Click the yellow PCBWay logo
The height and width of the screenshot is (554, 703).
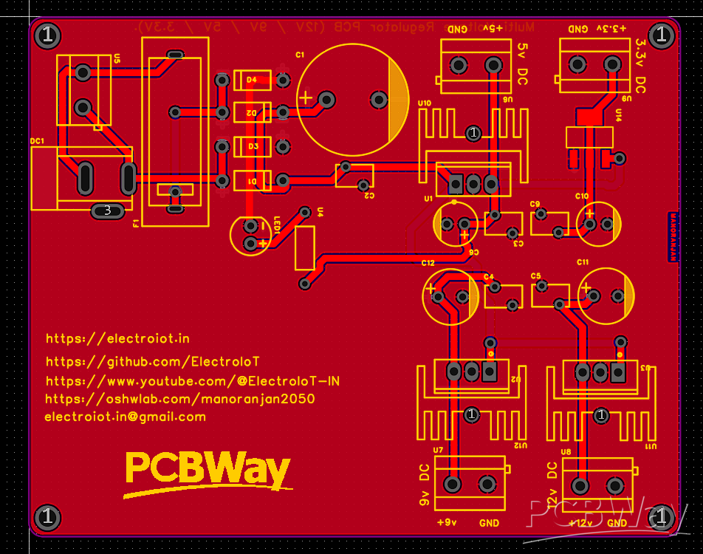pos(208,471)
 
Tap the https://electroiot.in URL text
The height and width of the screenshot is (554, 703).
pos(117,338)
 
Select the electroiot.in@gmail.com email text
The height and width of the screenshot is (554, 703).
pos(125,417)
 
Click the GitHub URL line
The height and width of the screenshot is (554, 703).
pos(152,361)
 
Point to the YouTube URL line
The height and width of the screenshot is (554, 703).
pos(193,381)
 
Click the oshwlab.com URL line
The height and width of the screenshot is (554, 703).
pos(180,399)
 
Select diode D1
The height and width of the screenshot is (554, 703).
pos(252,181)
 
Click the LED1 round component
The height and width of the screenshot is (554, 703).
pos(250,236)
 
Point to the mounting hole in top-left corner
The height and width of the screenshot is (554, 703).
pos(48,35)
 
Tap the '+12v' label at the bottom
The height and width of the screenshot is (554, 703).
pos(580,523)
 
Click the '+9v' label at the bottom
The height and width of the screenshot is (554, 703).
pos(446,523)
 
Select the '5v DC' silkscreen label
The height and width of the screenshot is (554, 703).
pos(522,64)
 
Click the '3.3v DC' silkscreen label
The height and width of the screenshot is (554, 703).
pos(640,64)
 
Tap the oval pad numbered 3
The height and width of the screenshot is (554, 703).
pos(108,211)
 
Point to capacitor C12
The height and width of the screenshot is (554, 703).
pos(450,295)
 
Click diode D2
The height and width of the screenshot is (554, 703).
pos(252,112)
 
